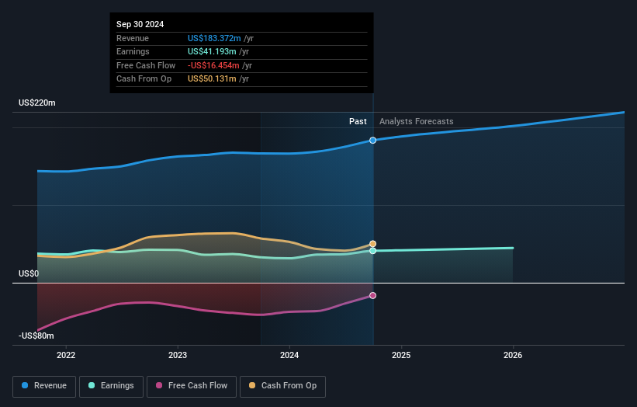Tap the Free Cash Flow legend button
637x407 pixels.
pyautogui.click(x=192, y=386)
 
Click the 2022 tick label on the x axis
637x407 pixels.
pyautogui.click(x=67, y=356)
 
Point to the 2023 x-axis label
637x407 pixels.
pyautogui.click(x=178, y=356)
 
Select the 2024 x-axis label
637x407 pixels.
pyautogui.click(x=289, y=356)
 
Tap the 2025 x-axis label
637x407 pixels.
pyautogui.click(x=401, y=356)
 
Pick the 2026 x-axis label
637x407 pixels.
pyautogui.click(x=513, y=356)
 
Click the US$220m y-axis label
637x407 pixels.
pyautogui.click(x=37, y=103)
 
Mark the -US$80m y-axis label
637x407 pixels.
pyautogui.click(x=36, y=336)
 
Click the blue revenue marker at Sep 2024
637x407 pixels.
pyautogui.click(x=373, y=141)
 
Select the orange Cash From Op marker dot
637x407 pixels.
pyautogui.click(x=373, y=244)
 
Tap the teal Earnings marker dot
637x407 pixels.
pyautogui.click(x=373, y=251)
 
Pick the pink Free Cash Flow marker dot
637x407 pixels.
pyautogui.click(x=373, y=296)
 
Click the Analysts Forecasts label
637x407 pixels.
pyautogui.click(x=416, y=121)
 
